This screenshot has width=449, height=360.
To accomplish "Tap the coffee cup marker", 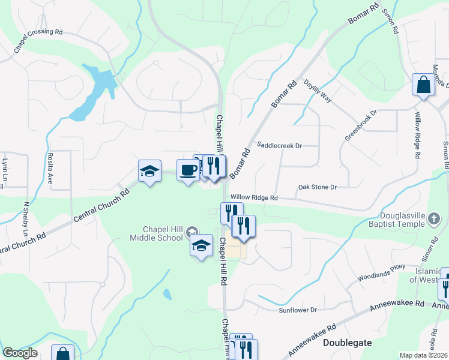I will point(188,171).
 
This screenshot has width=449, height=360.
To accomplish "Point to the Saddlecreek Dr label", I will point(279,145).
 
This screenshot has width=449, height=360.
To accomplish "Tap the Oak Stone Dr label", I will point(318,187).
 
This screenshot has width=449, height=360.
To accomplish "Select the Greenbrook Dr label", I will point(360,125).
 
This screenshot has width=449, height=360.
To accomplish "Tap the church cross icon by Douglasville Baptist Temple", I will point(434,220).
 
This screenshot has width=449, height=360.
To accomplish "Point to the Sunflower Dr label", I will point(297,310).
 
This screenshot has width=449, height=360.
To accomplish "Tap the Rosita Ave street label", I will point(49,162).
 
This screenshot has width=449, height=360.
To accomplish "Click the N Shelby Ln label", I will point(26,218).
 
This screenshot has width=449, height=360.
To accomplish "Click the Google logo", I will point(20,353).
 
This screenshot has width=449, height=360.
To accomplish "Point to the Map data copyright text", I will point(424,355).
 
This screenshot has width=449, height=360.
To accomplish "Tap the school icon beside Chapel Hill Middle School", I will point(191,230).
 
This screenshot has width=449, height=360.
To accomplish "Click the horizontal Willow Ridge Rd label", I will point(254,197).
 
